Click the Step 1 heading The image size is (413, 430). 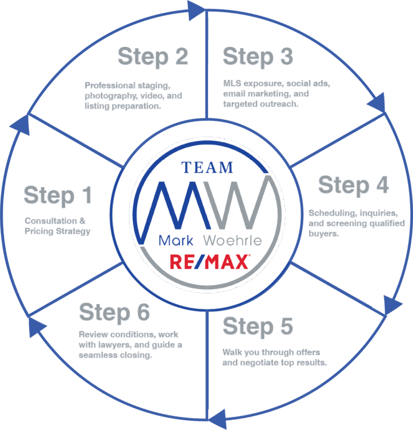click(x=58, y=196)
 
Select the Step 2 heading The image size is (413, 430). click(x=153, y=56)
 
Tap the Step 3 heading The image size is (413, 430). click(x=258, y=56)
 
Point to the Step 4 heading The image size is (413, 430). click(x=353, y=185)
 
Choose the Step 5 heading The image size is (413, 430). click(x=258, y=326)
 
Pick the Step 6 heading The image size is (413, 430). click(x=115, y=312)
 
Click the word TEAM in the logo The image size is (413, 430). click(x=207, y=167)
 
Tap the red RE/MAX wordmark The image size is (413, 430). click(x=209, y=262)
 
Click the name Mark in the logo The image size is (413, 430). click(x=174, y=240)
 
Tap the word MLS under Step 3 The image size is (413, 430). click(x=232, y=84)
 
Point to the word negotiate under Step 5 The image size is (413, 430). click(x=265, y=362)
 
